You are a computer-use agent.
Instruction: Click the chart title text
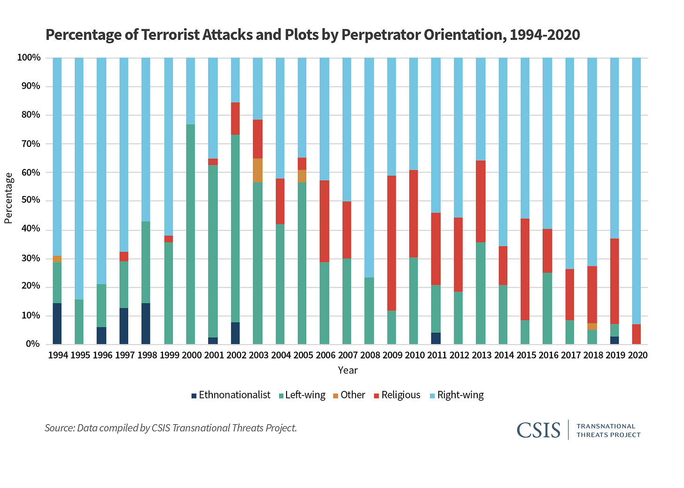coord(312,35)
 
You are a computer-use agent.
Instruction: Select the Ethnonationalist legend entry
coord(230,395)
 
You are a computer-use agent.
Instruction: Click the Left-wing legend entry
coord(301,395)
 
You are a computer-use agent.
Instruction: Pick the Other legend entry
coord(349,395)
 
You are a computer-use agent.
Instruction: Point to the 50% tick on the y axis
coord(29,201)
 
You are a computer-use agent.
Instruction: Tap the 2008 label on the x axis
coord(370,355)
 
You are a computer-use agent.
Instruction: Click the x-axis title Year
coord(348,370)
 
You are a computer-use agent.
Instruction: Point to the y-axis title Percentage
coord(8,198)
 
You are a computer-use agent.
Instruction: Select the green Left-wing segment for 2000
coord(191,235)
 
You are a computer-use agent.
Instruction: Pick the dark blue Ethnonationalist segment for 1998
coord(146,324)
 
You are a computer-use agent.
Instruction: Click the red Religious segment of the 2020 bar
coord(637,334)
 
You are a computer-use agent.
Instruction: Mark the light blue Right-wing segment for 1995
coord(79,178)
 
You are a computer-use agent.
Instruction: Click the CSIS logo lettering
coord(538,430)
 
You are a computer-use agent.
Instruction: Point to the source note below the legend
coord(171,428)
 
